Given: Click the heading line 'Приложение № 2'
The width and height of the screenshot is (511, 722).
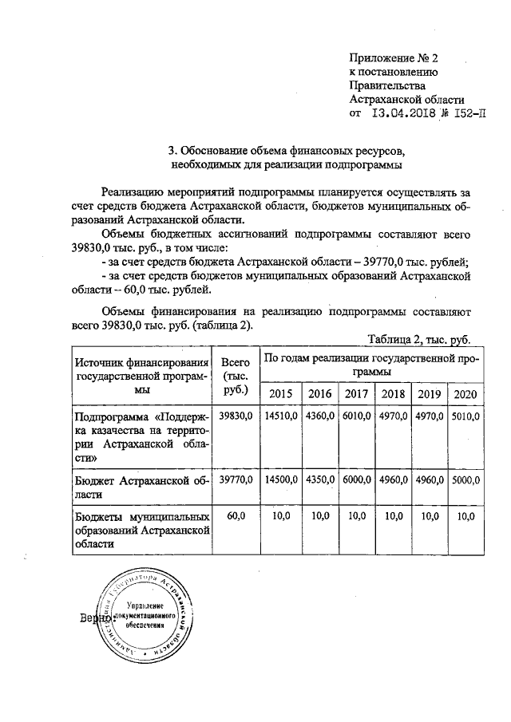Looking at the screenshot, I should (x=394, y=57).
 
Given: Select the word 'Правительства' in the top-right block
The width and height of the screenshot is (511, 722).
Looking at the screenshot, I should (x=387, y=85).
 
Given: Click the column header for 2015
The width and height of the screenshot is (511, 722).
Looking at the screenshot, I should (x=281, y=393).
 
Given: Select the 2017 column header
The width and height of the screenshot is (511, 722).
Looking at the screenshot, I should (x=355, y=393).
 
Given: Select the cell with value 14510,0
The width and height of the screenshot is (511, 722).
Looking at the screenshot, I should (x=282, y=416).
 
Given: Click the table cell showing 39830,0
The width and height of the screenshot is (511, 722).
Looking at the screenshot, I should (x=236, y=416).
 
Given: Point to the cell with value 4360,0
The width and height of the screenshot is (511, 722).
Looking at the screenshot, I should (x=319, y=416).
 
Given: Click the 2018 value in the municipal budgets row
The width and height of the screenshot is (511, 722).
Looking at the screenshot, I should (x=393, y=517).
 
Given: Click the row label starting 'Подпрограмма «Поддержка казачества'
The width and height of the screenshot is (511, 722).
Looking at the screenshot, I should (x=141, y=437).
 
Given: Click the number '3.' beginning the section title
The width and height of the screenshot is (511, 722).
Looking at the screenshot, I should (x=172, y=150).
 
